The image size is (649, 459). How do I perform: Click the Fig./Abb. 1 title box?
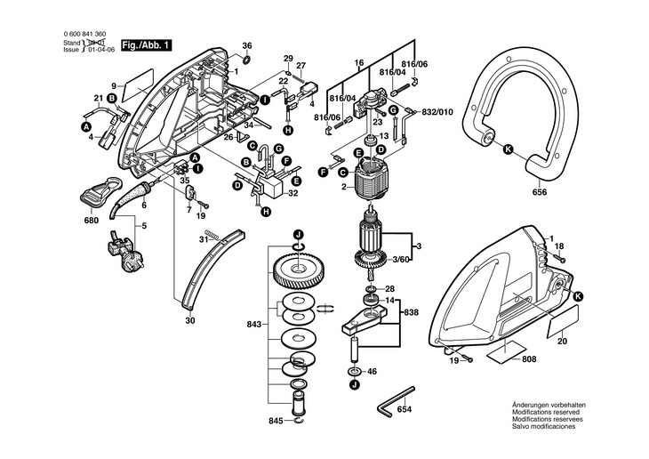coord(146,45)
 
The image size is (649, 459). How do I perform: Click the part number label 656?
coord(540,192)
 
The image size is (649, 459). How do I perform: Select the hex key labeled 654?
coord(396,399)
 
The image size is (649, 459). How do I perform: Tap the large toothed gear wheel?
coord(299,271)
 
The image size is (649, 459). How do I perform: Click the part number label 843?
coord(254,325)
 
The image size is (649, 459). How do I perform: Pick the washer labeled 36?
coord(246,60)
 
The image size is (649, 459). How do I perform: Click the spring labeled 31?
coord(212,236)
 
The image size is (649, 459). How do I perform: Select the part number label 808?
coord(529,359)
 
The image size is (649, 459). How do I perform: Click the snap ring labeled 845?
coord(300,422)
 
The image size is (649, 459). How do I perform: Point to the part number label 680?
coord(91,221)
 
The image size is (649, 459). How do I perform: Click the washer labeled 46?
coord(355,371)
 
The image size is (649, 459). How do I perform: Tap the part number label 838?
coord(412,312)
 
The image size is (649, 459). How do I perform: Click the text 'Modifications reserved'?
coord(546,412)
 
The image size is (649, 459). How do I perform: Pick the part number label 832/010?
coord(437,112)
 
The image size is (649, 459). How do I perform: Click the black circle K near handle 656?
coord(508,149)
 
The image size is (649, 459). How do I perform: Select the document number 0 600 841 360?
coord(84,35)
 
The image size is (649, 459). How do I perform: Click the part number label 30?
coord(190,320)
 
